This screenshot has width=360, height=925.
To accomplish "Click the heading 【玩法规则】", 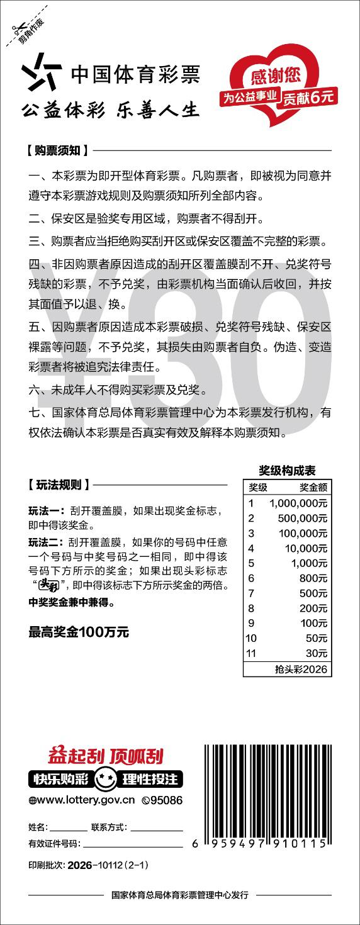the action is [x=57, y=485].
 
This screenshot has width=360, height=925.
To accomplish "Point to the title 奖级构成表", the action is [x=287, y=470].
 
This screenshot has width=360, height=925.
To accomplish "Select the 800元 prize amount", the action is [x=314, y=578].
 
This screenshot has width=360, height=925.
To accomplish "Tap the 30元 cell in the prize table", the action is [x=317, y=653].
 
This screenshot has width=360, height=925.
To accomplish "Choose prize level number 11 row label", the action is [x=251, y=653].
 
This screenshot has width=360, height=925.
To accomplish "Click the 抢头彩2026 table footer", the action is [x=301, y=669].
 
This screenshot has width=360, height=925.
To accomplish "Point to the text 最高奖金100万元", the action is [x=79, y=632].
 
